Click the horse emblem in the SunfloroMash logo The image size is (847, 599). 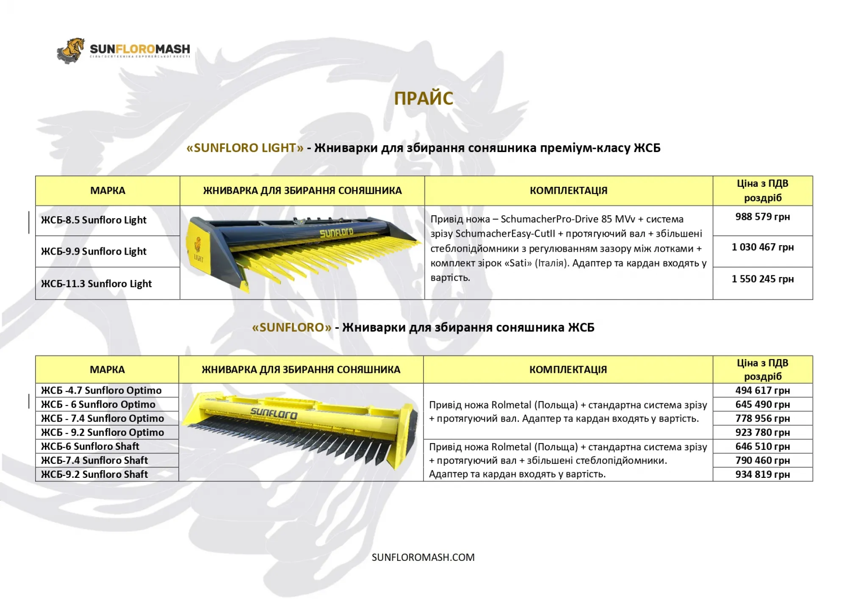click(x=71, y=50)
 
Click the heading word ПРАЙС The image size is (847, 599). click(x=423, y=98)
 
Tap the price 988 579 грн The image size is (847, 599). click(x=762, y=217)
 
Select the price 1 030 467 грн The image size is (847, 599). click(x=762, y=247)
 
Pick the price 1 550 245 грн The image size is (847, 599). click(x=762, y=279)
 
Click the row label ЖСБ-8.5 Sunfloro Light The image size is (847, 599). click(x=94, y=220)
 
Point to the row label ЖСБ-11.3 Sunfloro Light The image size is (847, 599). click(x=96, y=284)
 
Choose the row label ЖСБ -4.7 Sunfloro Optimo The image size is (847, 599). click(x=101, y=391)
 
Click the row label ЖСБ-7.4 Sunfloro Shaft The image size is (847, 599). click(x=94, y=460)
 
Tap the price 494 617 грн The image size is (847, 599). click(x=762, y=391)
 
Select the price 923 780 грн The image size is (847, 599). click(x=762, y=433)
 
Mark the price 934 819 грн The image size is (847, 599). click(x=762, y=474)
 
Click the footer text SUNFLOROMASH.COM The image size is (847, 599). click(x=423, y=557)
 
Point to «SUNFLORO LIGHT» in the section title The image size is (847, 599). click(x=245, y=148)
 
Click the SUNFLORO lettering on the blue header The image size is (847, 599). click(x=336, y=233)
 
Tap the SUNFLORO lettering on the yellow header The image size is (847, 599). click(x=274, y=413)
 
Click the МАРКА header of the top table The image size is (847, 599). click(x=108, y=191)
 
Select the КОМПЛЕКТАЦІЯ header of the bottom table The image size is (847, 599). click(x=568, y=370)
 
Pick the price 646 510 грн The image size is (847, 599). click(x=762, y=446)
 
